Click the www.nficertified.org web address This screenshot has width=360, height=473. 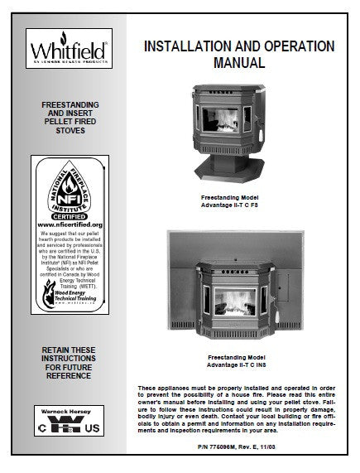click(x=64, y=224)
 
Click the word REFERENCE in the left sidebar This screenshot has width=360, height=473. click(x=64, y=384)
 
